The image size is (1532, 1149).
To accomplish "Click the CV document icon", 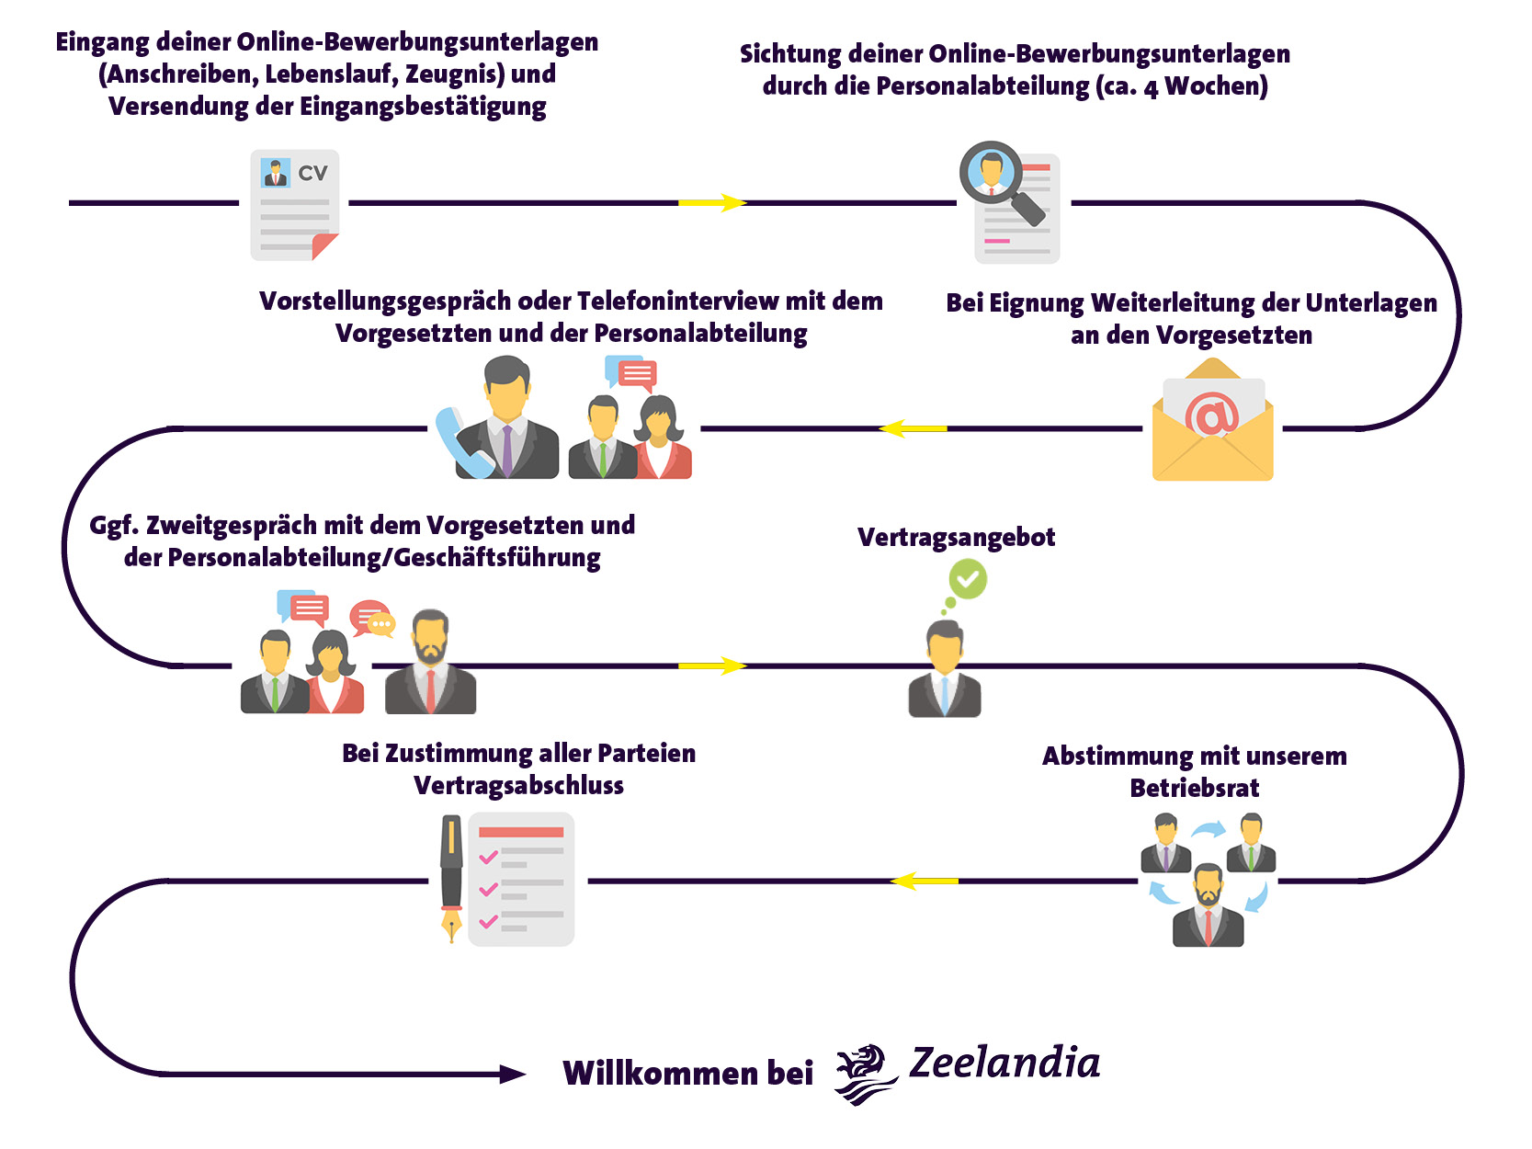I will pos(295,205).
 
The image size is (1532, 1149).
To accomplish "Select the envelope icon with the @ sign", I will pos(1212,421).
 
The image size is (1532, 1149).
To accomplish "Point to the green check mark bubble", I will pos(967,580).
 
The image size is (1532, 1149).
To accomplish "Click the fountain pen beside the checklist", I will pos(451,878).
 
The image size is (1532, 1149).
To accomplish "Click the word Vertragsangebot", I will pos(956,538).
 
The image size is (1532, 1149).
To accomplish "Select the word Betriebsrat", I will pos(1194,789).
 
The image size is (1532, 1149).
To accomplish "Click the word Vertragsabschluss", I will pos(518,786).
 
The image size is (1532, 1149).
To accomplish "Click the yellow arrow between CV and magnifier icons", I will pos(712,202).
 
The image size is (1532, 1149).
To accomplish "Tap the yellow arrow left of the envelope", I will pos(913,428).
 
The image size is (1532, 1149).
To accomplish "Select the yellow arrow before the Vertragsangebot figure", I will pos(712,666).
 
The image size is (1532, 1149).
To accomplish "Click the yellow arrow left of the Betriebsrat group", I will pos(924,881).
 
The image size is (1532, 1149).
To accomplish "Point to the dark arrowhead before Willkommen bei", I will pos(512,1074).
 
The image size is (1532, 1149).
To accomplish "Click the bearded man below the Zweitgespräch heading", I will pos(430,663).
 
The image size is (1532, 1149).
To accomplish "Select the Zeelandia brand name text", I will pos(1004,1064).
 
